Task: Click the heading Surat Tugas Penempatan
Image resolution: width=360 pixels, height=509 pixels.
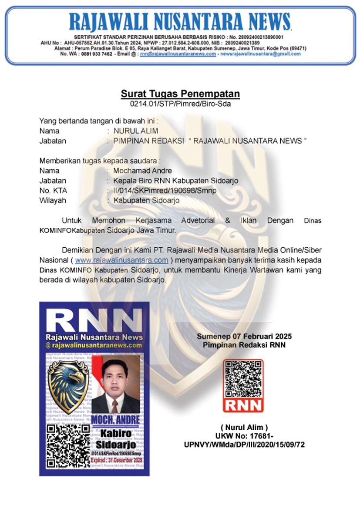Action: coord(180,94)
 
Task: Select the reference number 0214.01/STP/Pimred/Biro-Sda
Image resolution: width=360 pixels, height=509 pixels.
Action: coord(180,104)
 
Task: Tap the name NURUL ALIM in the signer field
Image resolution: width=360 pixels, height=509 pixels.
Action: coord(136,131)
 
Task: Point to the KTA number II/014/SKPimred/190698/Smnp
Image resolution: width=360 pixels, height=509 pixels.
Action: coord(165,191)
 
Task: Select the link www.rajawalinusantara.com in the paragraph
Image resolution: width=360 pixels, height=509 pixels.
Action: coord(121,260)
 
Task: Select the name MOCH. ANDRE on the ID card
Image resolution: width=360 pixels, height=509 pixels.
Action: coord(115,420)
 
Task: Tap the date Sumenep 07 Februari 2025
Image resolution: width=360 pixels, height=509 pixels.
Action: coord(244,337)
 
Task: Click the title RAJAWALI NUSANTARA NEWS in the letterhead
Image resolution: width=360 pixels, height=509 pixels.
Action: coord(180,22)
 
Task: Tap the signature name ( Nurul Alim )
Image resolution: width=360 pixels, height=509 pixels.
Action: coord(244,427)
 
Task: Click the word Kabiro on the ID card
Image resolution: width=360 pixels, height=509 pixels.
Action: coord(116,434)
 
